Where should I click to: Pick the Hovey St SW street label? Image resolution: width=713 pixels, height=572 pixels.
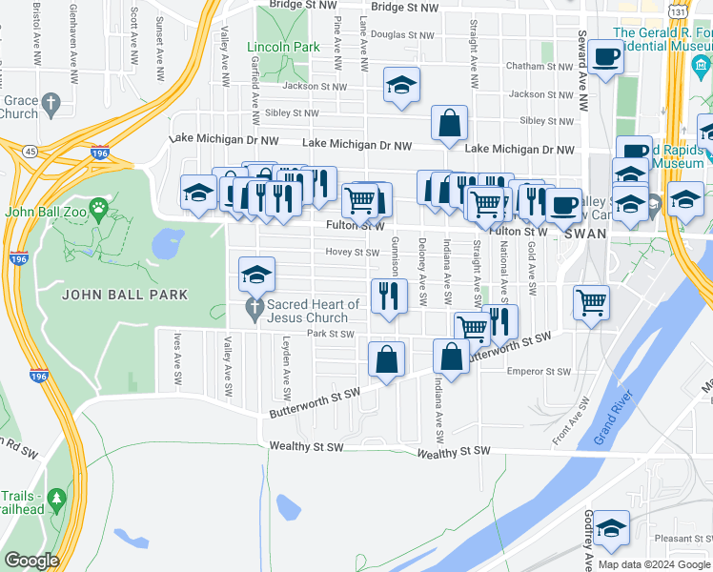[x=353, y=253]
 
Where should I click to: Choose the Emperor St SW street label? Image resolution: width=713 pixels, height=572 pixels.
[x=539, y=372]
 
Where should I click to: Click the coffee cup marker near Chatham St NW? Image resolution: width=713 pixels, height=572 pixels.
[x=604, y=59]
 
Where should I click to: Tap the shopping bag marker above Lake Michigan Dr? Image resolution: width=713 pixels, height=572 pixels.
[x=449, y=123]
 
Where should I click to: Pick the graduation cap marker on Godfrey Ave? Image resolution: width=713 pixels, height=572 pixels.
[x=611, y=527]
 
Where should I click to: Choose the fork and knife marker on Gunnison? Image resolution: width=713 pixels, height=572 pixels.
[x=389, y=296]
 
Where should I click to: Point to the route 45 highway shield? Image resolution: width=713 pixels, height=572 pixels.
[x=31, y=151]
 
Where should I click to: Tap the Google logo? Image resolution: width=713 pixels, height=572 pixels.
[x=31, y=561]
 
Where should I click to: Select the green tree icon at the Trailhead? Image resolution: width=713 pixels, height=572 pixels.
[x=56, y=499]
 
